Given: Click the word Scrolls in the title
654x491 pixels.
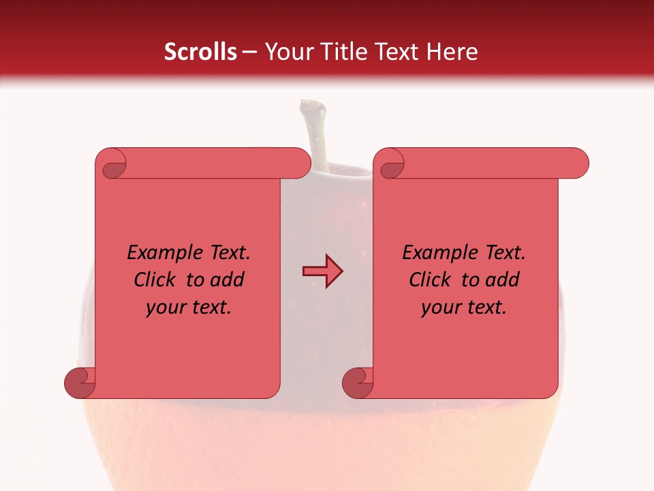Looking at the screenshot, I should point(200,52).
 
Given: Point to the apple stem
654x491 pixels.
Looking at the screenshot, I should point(315,133).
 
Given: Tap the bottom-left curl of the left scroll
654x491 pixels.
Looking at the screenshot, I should point(80,382).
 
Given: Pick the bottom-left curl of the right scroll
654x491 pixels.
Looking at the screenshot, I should point(358,382).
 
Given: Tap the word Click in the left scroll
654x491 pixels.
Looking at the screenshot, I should point(156,280).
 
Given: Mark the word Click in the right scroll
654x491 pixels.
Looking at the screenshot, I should point(431,280).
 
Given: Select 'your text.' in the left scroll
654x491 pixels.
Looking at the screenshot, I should point(189,308).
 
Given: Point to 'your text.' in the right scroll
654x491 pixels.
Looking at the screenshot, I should point(464,308).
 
